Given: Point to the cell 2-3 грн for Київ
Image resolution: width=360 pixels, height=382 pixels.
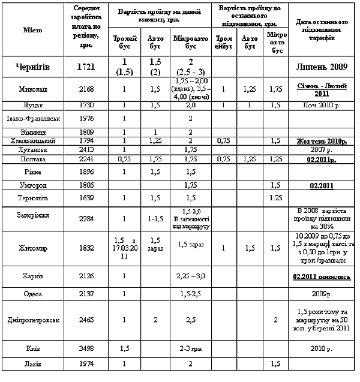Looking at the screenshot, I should [x=191, y=348].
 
